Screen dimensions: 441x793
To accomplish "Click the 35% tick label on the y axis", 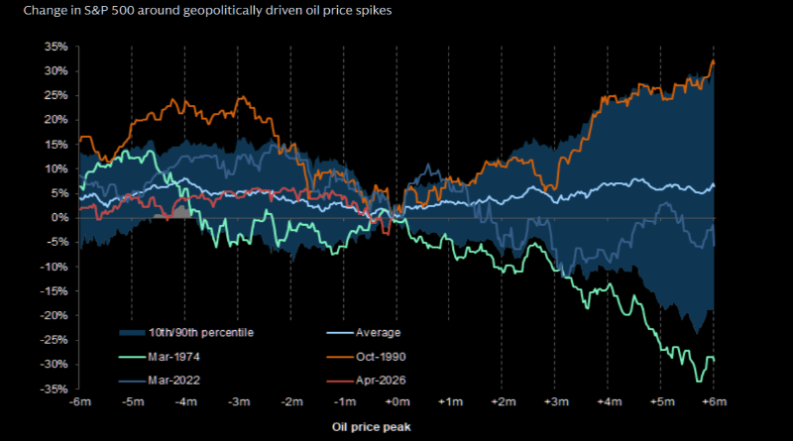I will click(54, 47).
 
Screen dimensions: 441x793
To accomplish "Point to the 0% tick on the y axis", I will click(57, 217).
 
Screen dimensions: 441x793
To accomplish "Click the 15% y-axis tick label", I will click(54, 145).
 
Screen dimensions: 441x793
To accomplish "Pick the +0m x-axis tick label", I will click(396, 402).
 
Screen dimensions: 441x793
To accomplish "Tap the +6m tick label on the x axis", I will click(714, 402).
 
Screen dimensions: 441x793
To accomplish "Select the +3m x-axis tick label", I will click(555, 402).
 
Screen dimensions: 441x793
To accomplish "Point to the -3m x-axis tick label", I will click(238, 402).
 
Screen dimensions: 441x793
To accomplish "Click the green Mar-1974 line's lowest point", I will click(699, 381).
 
